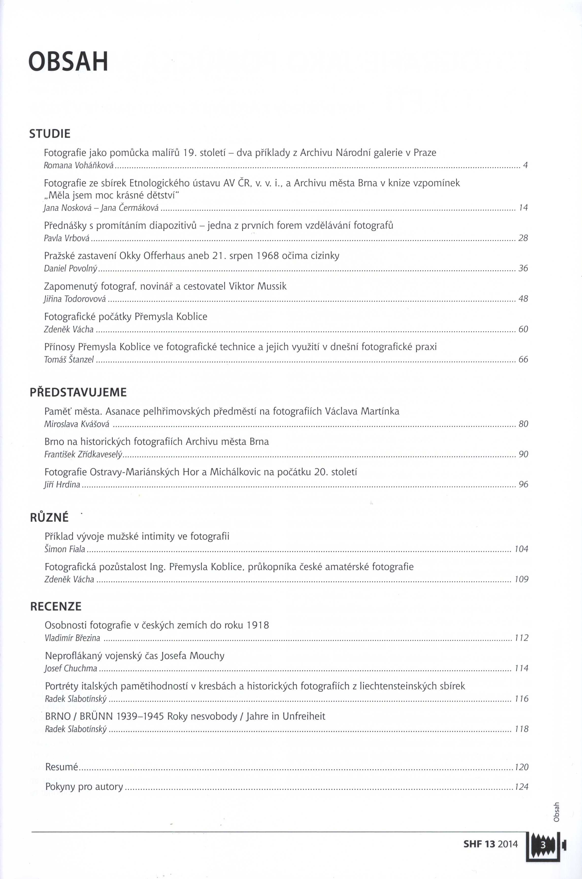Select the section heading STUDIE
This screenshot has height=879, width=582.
(x=50, y=134)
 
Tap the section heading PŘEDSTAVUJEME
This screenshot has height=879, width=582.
(x=78, y=392)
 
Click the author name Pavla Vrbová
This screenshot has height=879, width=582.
(x=67, y=238)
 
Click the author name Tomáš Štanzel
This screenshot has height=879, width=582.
(x=69, y=360)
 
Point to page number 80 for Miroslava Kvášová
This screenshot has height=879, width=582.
(x=523, y=424)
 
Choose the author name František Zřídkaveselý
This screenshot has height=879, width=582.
(x=84, y=454)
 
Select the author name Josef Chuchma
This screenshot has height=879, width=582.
(x=71, y=669)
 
